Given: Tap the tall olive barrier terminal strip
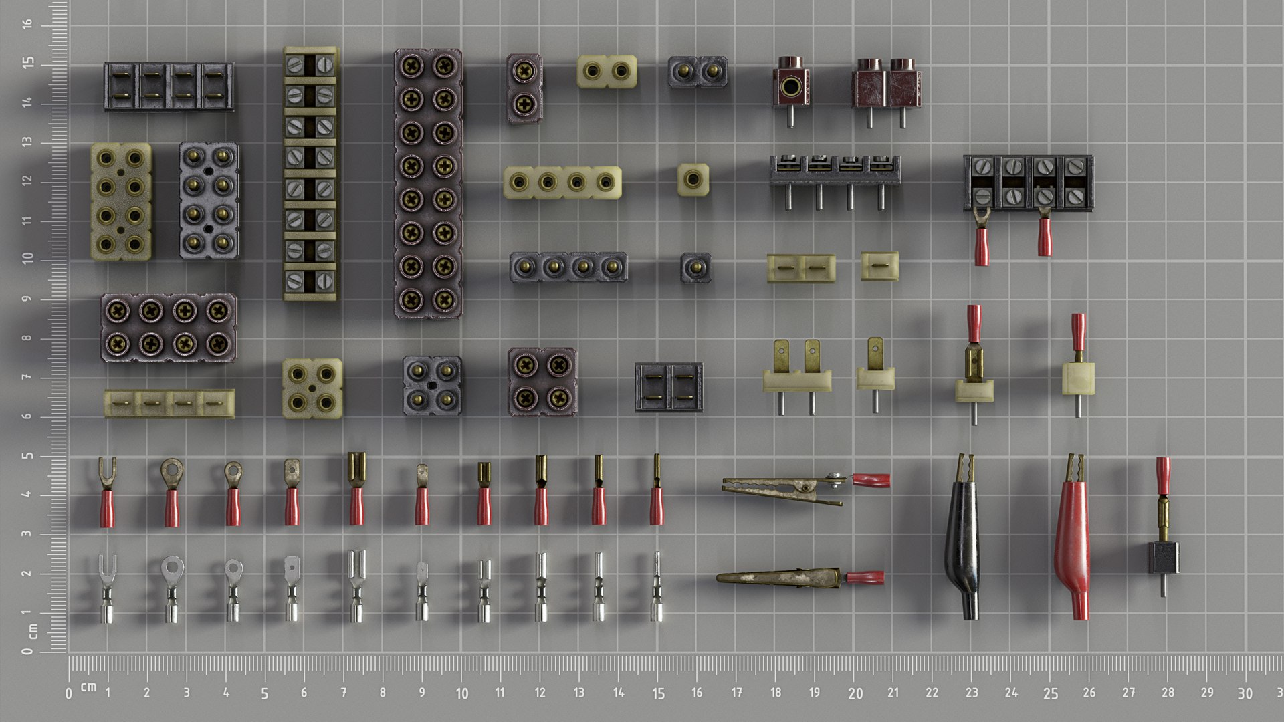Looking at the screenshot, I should click(x=310, y=174).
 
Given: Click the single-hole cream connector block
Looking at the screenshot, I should click(x=693, y=179).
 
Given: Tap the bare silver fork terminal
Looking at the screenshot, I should click(x=107, y=588).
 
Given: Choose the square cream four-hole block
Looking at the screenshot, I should click(x=312, y=388).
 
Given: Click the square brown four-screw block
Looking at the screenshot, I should click(x=542, y=382).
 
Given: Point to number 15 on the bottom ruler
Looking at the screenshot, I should click(x=659, y=694).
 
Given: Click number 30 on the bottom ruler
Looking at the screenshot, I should click(x=1245, y=694).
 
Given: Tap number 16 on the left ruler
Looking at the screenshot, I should click(x=27, y=24).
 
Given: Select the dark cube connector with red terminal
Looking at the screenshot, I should click(x=1164, y=556).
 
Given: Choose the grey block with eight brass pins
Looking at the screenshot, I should click(x=209, y=201).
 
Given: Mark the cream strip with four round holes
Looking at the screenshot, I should click(x=562, y=183).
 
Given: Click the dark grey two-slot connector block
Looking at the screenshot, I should click(x=668, y=388).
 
